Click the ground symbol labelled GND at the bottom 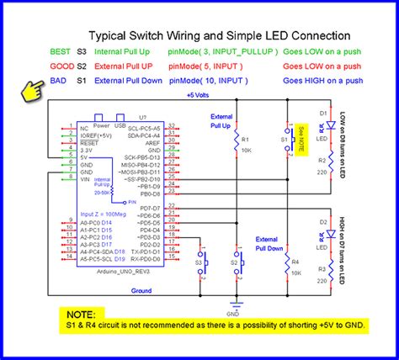(239, 304)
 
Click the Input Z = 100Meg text (99, 215)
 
